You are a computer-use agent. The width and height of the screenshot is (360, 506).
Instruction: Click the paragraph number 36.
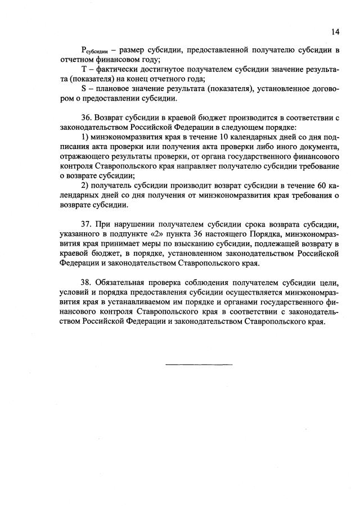coord(87,122)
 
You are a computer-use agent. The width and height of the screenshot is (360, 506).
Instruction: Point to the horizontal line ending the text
coord(199,364)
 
